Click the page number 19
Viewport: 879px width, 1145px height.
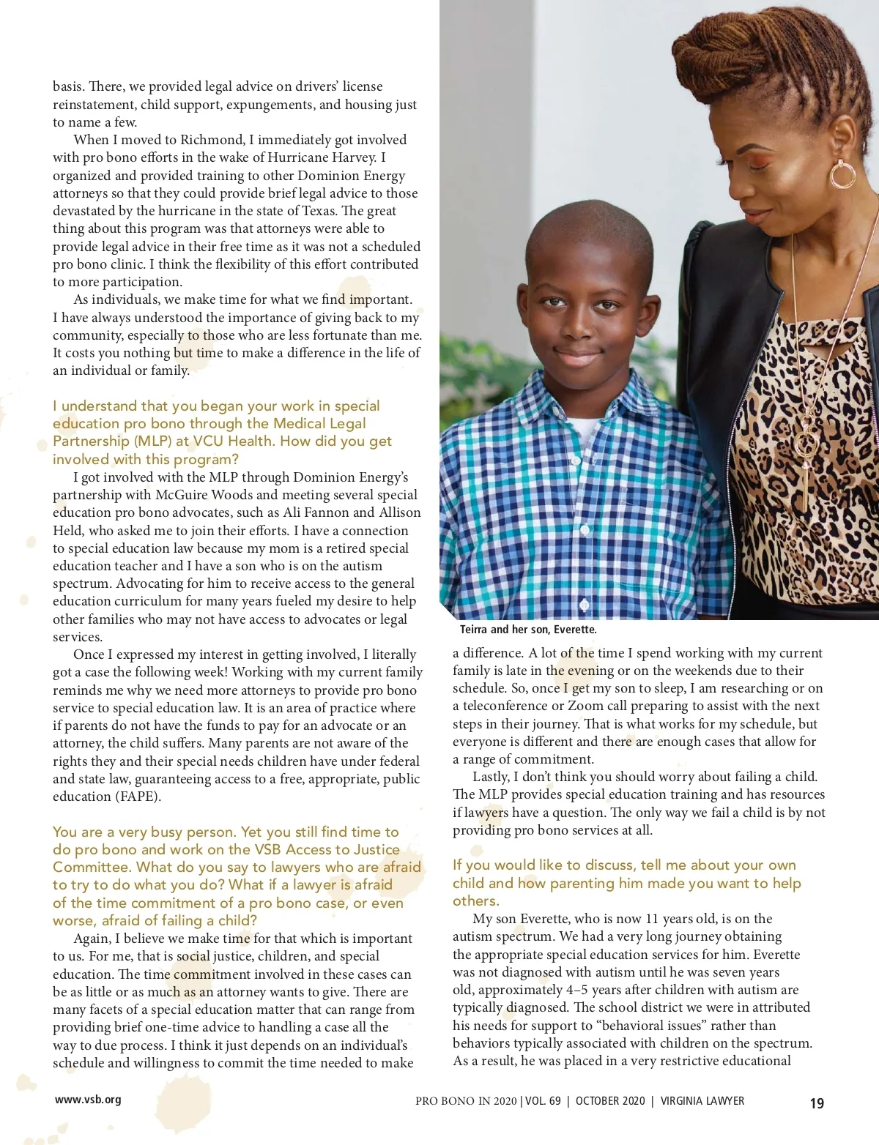pos(817,1103)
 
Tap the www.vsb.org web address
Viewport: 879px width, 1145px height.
pos(88,1100)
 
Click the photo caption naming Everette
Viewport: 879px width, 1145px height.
pos(528,630)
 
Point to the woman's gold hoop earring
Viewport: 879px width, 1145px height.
pos(842,174)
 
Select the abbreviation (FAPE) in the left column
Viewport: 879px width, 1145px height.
pos(136,797)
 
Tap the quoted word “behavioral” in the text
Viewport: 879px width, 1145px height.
pos(617,1026)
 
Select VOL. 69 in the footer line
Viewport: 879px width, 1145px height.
pos(543,1101)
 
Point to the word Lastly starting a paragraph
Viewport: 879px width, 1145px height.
pos(491,777)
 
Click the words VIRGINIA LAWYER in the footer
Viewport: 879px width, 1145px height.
pos(702,1101)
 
